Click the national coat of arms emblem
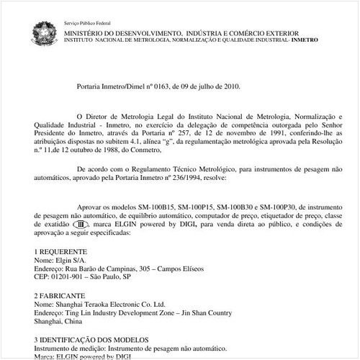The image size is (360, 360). click(42, 32)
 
